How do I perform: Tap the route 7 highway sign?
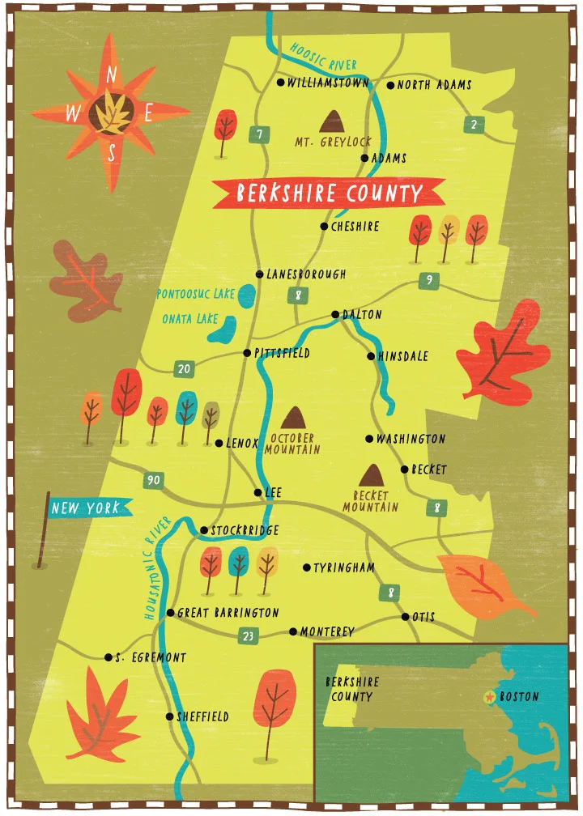[258, 134]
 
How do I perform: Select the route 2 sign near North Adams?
[474, 124]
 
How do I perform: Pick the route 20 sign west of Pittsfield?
[184, 369]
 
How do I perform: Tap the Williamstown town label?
[328, 83]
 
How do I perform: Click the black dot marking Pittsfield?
[248, 352]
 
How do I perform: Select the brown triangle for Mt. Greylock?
[331, 122]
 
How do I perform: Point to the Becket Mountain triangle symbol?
[372, 475]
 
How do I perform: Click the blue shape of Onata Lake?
[223, 329]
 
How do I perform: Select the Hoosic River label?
[324, 53]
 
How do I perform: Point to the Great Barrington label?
[228, 613]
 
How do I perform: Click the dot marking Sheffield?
[169, 716]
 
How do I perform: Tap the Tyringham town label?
[344, 568]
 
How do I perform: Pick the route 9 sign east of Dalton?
[428, 281]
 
